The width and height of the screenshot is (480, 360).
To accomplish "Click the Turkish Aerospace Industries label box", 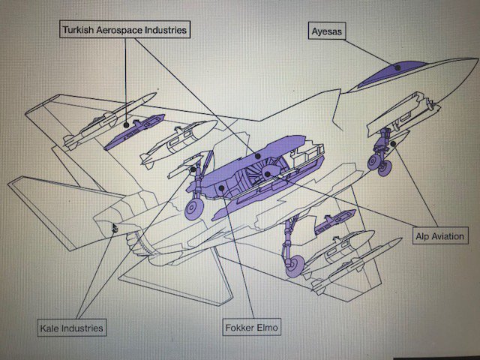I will [x=124, y=30].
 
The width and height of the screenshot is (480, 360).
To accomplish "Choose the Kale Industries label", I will [x=71, y=328].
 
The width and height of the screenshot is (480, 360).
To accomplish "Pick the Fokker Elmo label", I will [x=251, y=328].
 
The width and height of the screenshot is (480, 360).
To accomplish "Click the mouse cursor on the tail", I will [x=114, y=227].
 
